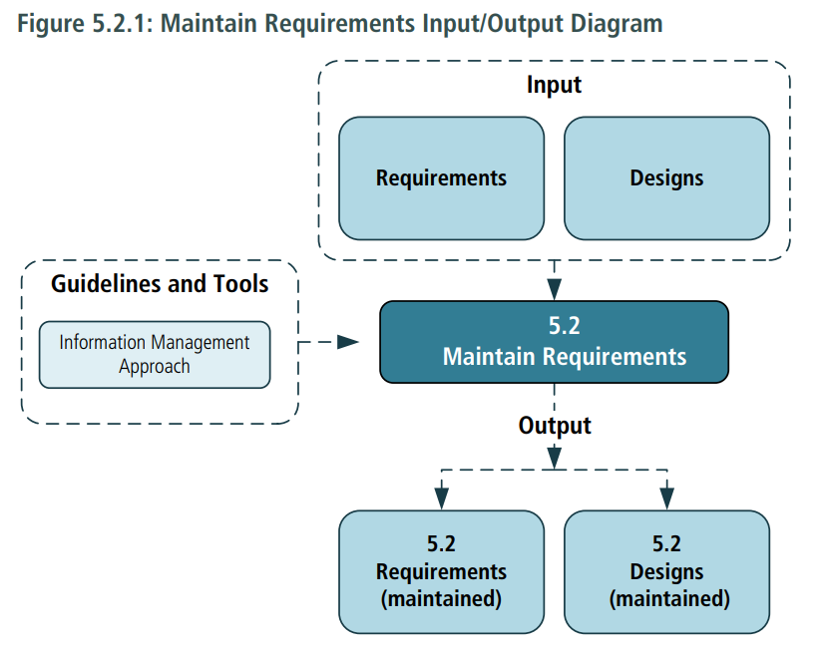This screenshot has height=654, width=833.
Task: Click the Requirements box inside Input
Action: coord(441,178)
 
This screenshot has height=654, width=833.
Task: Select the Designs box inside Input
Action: coord(666,178)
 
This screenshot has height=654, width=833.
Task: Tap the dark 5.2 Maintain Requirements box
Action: coord(554,342)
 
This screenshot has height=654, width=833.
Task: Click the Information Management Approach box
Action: coord(155,354)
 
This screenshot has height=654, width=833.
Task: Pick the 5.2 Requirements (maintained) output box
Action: coord(441,572)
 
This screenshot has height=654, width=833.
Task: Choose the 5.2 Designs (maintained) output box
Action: coord(666,572)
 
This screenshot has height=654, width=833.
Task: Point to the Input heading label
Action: coord(554,85)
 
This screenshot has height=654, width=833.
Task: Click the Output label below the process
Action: coord(554,426)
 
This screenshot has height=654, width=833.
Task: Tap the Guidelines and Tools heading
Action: coord(160,284)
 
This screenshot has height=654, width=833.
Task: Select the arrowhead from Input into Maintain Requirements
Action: coord(554,290)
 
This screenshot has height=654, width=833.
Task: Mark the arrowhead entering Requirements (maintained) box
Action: coord(441,496)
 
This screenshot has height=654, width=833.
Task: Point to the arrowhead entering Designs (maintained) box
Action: coord(666,496)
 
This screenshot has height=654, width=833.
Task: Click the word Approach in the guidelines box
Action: coord(155,366)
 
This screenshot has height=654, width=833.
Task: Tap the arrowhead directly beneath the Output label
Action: coord(554,458)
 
